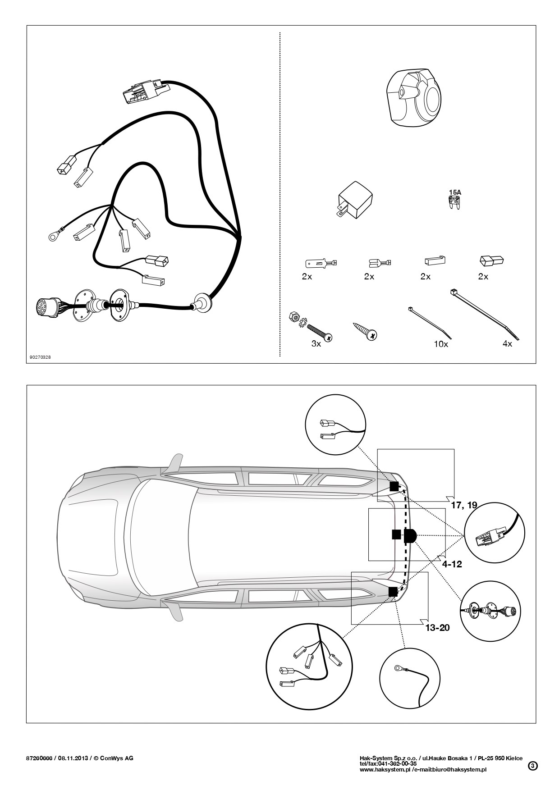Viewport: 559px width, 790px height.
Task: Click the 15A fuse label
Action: coord(455,192)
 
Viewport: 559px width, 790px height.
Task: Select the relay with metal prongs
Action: coord(355,200)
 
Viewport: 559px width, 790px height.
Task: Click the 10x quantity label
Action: coord(440,344)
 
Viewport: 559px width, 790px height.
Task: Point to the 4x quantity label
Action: coord(507,344)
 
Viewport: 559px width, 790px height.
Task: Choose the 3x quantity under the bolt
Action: coord(316,344)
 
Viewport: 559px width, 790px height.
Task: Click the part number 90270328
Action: coord(40,357)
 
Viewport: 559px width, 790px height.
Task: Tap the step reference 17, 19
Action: coord(464,505)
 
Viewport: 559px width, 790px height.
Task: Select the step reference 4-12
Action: coord(452,564)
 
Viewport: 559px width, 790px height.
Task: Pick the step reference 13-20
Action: coord(438,627)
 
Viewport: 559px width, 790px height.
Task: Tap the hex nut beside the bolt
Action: coord(294,317)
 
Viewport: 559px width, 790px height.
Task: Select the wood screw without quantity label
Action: coord(366,330)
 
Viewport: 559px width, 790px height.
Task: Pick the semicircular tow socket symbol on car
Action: coord(411,535)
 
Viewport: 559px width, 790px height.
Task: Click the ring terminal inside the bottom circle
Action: coord(399,667)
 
